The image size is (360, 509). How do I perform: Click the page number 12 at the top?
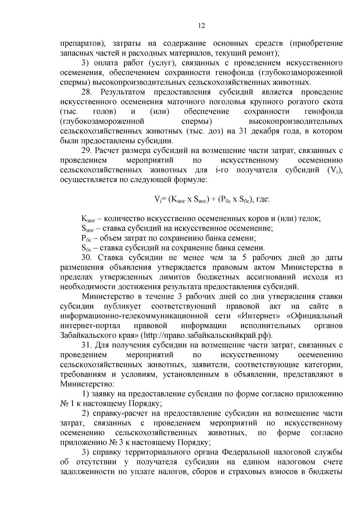pos(201,26)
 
